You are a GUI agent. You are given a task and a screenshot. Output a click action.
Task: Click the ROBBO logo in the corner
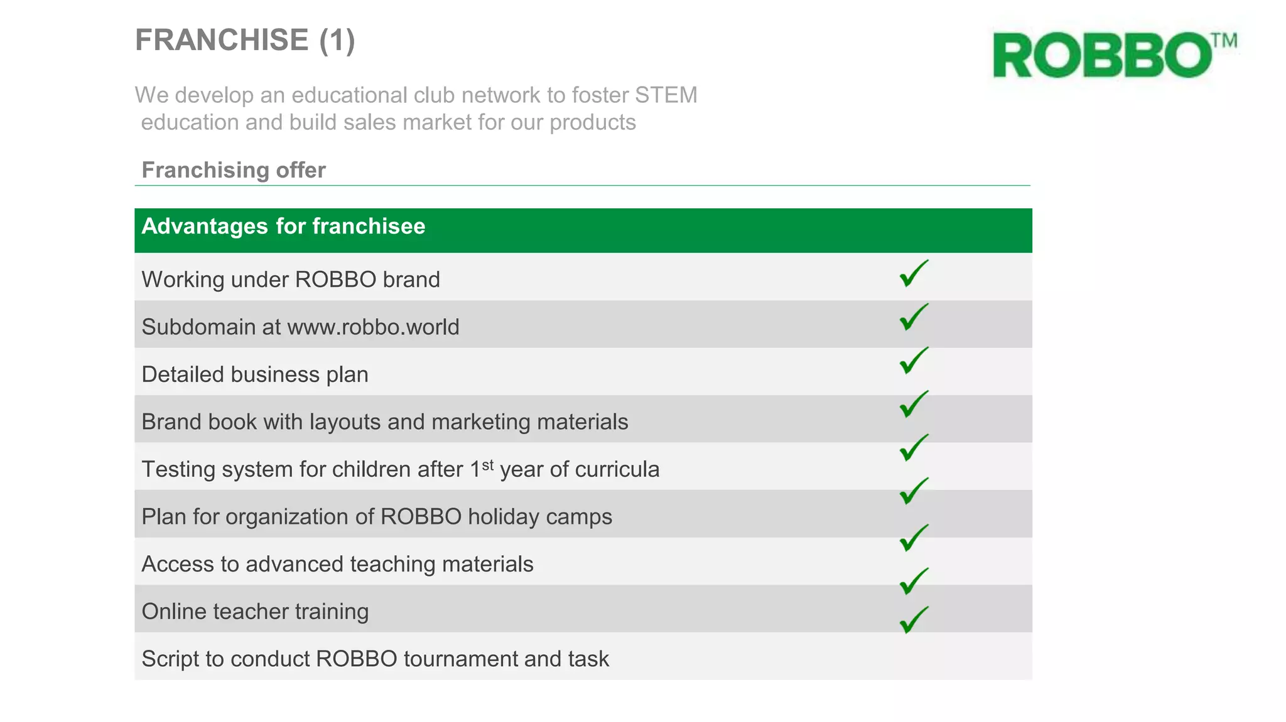pos(1103,56)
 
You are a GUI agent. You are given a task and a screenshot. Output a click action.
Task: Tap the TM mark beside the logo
pos(1224,41)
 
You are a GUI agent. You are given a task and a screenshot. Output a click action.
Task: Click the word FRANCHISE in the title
pos(222,40)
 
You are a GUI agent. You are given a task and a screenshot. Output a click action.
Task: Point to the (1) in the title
pos(337,40)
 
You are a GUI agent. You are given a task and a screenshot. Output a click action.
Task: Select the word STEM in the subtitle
pos(666,95)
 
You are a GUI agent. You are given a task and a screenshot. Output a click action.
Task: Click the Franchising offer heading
pos(234,170)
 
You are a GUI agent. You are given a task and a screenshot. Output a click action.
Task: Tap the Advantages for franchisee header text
pos(283,226)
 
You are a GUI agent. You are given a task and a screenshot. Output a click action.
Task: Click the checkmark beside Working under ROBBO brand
pos(913,274)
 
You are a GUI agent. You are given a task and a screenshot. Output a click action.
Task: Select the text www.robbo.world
pos(373,327)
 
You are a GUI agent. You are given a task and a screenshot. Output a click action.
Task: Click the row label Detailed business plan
pos(255,374)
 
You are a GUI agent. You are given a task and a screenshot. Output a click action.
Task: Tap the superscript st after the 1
pos(488,465)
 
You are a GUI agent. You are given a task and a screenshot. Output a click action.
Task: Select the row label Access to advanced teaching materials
pos(337,564)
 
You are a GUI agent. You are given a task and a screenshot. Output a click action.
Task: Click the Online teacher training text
pos(255,612)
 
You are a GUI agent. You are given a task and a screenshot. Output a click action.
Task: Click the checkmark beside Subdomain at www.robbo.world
pos(913,317)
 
